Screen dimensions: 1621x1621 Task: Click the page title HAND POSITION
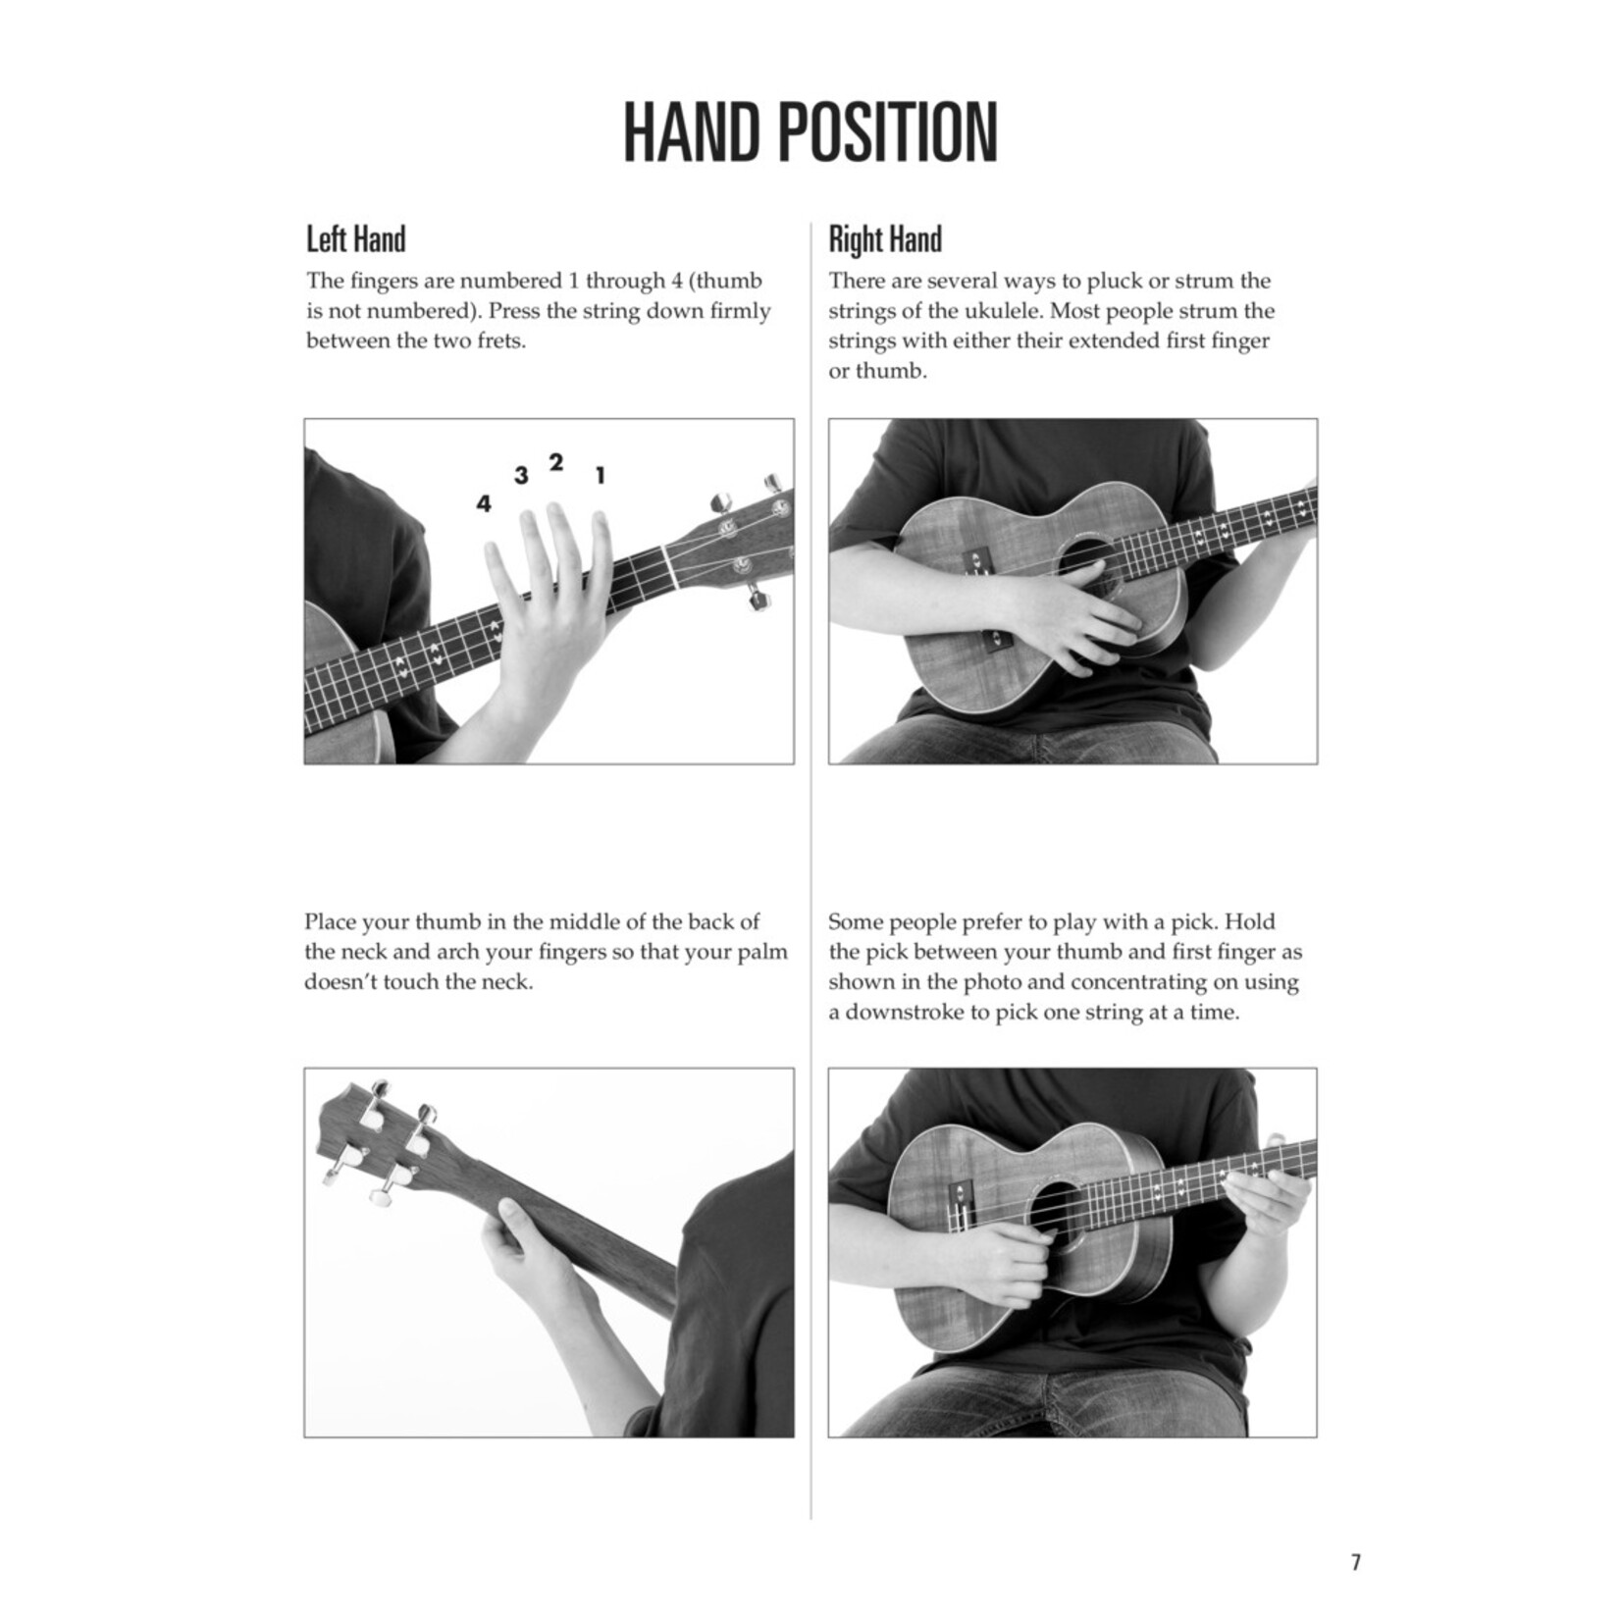810,132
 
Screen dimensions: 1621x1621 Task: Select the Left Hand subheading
355,239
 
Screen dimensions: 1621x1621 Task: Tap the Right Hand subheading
885,239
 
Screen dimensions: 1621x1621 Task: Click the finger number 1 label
601,476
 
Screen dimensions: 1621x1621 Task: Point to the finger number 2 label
556,462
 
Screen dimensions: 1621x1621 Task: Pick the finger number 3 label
521,476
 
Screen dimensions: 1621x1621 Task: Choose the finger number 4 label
483,504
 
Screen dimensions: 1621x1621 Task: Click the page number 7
1356,1562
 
